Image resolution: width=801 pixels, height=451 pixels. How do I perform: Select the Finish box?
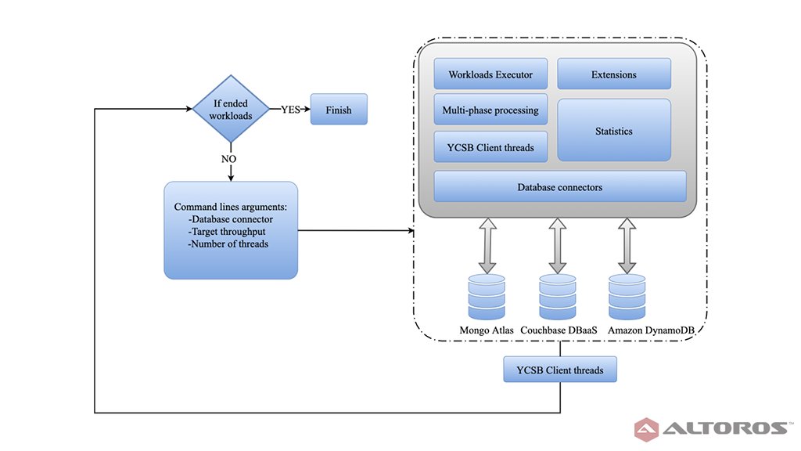[x=339, y=110]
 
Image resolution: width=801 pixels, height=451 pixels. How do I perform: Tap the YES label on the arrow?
[x=291, y=110]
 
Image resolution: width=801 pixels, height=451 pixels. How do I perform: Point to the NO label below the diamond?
[x=228, y=158]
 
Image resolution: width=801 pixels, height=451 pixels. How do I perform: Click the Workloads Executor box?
[x=490, y=75]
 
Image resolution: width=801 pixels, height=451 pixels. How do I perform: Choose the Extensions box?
[x=614, y=75]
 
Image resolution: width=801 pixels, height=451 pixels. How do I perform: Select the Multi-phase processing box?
[x=490, y=110]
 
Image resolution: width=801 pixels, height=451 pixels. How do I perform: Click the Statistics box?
[x=614, y=131]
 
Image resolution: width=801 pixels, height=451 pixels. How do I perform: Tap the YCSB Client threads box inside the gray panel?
[x=490, y=146]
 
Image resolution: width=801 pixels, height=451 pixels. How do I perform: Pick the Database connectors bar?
[x=559, y=187]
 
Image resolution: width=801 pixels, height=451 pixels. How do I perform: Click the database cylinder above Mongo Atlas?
[x=487, y=296]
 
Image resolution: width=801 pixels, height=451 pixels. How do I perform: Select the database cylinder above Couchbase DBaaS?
[x=557, y=296]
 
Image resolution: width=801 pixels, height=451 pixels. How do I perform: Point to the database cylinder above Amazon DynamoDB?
[x=627, y=296]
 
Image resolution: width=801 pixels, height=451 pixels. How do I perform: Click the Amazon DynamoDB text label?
[x=650, y=330]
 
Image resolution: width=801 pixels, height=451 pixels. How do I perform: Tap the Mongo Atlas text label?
[x=487, y=330]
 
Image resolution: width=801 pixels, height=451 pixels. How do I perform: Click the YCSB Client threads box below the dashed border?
[x=559, y=370]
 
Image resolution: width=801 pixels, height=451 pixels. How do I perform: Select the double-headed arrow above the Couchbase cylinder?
[x=557, y=246]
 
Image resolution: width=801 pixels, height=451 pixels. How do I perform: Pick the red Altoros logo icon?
[x=647, y=428]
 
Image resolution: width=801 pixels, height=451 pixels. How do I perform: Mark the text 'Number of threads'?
[x=228, y=244]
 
